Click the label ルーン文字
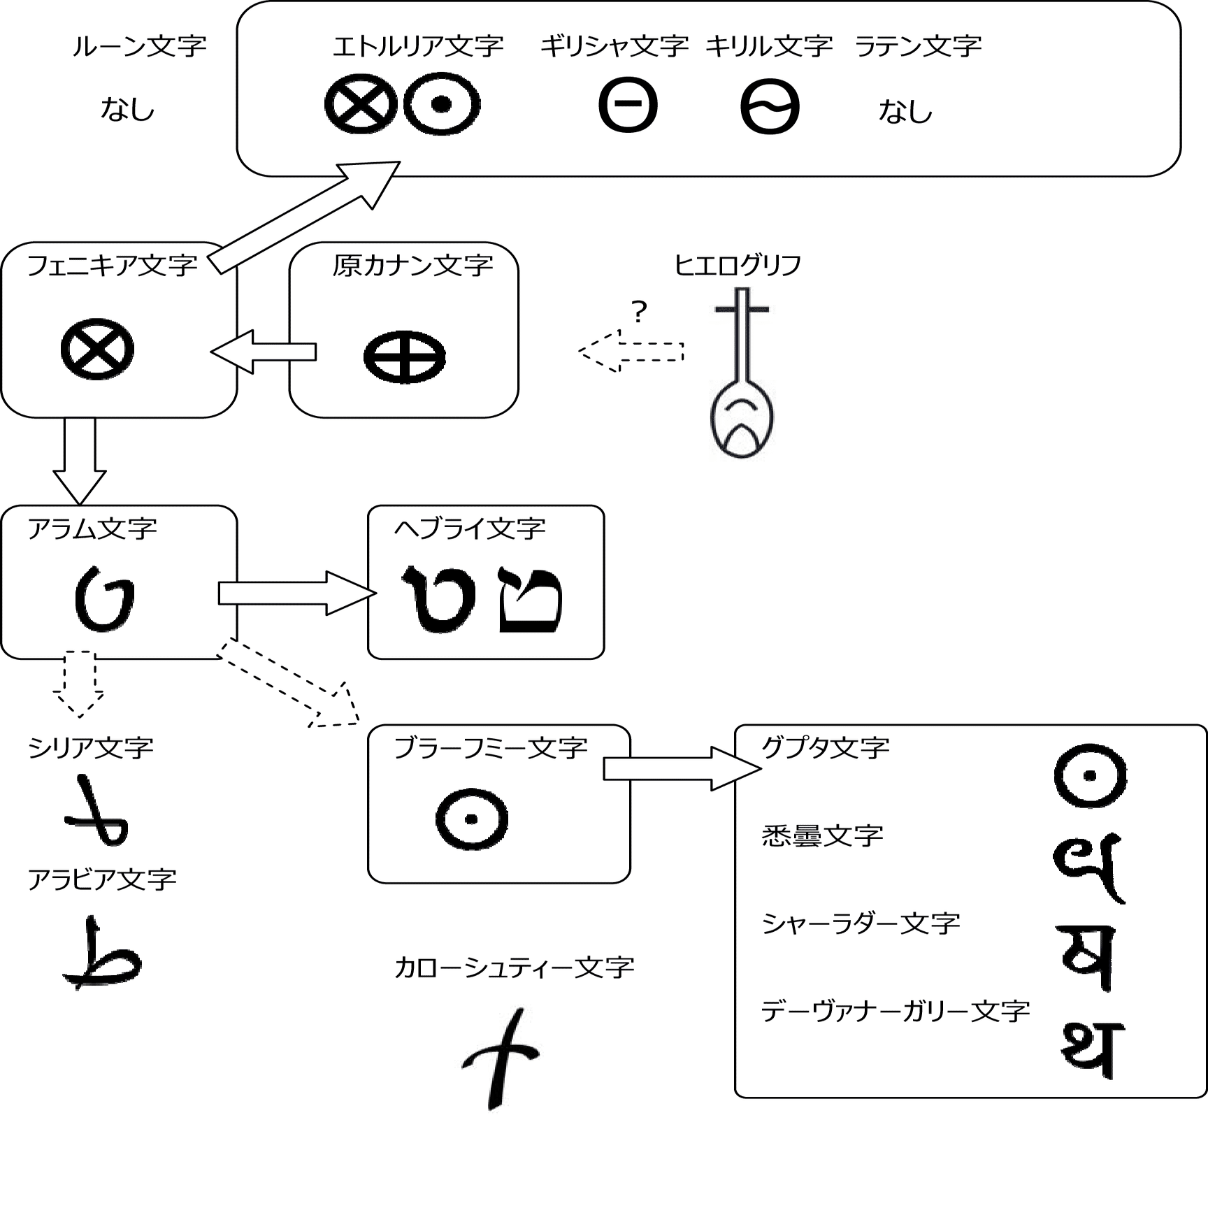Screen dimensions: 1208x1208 pyautogui.click(x=139, y=46)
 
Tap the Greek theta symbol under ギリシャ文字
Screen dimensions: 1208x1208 pyautogui.click(x=628, y=105)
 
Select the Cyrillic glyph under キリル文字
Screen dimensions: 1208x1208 pyautogui.click(x=770, y=107)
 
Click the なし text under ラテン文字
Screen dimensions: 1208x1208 pyautogui.click(x=905, y=111)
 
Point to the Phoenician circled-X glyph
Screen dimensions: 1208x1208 pyautogui.click(x=97, y=349)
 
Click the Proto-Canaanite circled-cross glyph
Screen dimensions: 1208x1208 pyautogui.click(x=404, y=357)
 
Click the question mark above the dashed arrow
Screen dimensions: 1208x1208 pyautogui.click(x=639, y=312)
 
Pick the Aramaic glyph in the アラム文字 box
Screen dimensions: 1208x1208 pyautogui.click(x=104, y=599)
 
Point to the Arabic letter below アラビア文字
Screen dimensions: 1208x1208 pyautogui.click(x=103, y=954)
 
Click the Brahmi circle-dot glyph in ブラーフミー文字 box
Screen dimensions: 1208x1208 pyautogui.click(x=471, y=819)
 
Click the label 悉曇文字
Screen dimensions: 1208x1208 pyautogui.click(x=822, y=836)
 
